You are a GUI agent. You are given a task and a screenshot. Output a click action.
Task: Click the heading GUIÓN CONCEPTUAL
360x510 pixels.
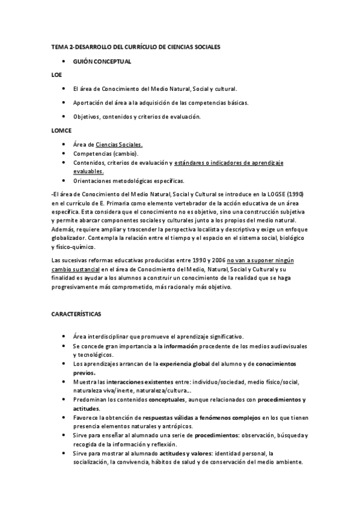click(x=102, y=62)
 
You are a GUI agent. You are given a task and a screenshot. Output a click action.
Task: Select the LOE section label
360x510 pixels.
click(x=56, y=75)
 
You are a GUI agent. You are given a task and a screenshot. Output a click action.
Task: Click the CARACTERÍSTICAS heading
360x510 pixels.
click(x=76, y=314)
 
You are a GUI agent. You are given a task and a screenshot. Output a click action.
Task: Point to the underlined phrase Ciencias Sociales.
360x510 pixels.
click(x=120, y=144)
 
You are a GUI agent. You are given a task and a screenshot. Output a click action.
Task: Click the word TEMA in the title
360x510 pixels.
click(x=61, y=46)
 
